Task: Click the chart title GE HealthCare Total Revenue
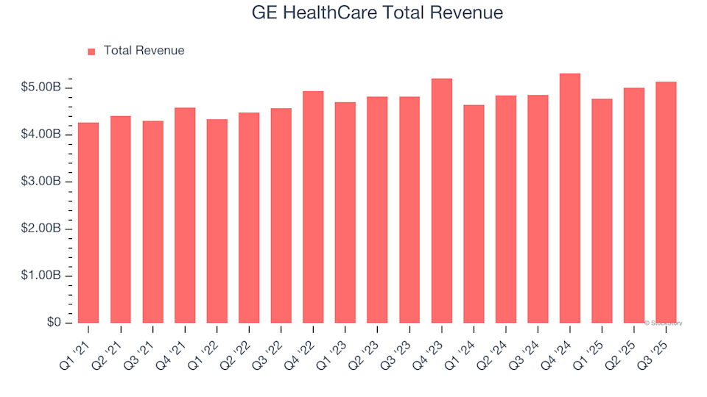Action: coord(377,13)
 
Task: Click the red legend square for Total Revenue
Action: coord(91,51)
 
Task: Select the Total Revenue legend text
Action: coord(144,51)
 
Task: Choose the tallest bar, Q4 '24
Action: coord(570,198)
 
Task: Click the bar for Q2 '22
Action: coord(249,218)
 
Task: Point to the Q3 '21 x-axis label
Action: coord(147,343)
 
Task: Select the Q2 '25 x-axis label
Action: coord(628,343)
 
